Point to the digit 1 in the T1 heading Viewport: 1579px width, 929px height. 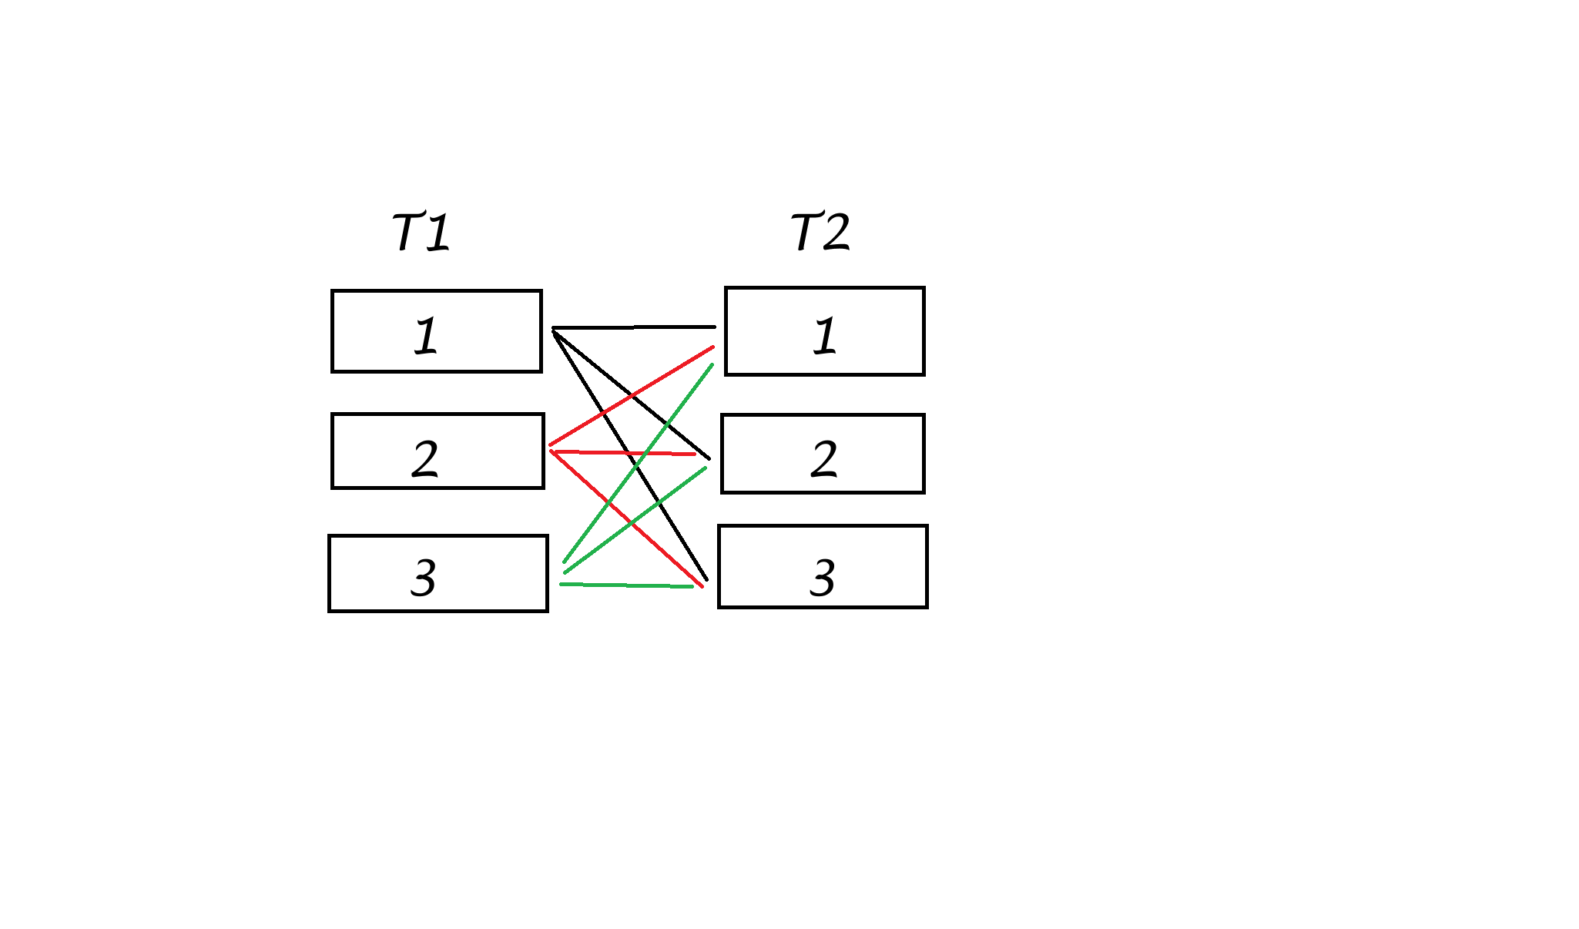coord(437,232)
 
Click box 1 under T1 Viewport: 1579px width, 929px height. coord(437,331)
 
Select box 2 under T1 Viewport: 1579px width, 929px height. coord(437,451)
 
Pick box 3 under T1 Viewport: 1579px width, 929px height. coord(438,574)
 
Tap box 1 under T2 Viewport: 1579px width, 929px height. coord(824,331)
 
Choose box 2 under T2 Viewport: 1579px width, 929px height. coord(823,454)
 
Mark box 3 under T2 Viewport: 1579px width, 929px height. coord(823,567)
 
